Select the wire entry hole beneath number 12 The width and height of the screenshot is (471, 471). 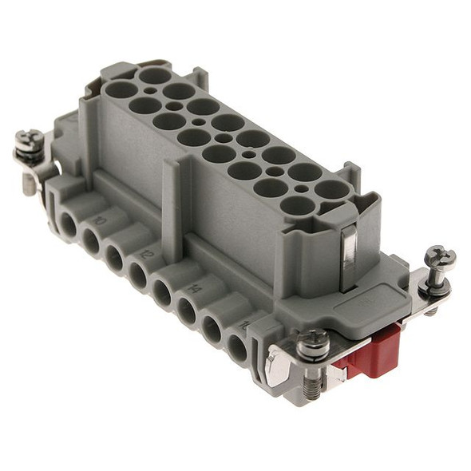(138, 276)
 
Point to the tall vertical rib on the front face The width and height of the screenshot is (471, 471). (172, 200)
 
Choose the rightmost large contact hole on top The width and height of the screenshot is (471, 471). (330, 190)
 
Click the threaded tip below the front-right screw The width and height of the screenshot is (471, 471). (311, 388)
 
